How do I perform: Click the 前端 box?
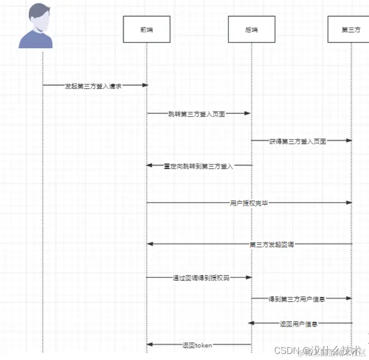point(146,29)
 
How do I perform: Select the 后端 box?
point(251,29)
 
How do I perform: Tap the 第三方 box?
point(351,29)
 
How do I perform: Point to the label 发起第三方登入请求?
point(93,86)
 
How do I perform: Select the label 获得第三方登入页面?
point(297,141)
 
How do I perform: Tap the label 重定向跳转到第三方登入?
point(198,166)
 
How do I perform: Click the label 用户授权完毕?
point(249,203)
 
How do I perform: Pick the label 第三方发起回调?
point(272,244)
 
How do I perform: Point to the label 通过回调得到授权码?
point(201,278)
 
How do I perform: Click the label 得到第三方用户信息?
point(297,299)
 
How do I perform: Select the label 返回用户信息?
point(299,323)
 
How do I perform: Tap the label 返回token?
point(197,345)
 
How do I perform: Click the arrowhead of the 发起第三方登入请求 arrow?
point(145,85)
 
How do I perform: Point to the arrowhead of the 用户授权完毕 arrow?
point(349,203)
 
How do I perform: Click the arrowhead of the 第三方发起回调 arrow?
point(150,244)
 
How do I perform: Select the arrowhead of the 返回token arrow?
point(150,345)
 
